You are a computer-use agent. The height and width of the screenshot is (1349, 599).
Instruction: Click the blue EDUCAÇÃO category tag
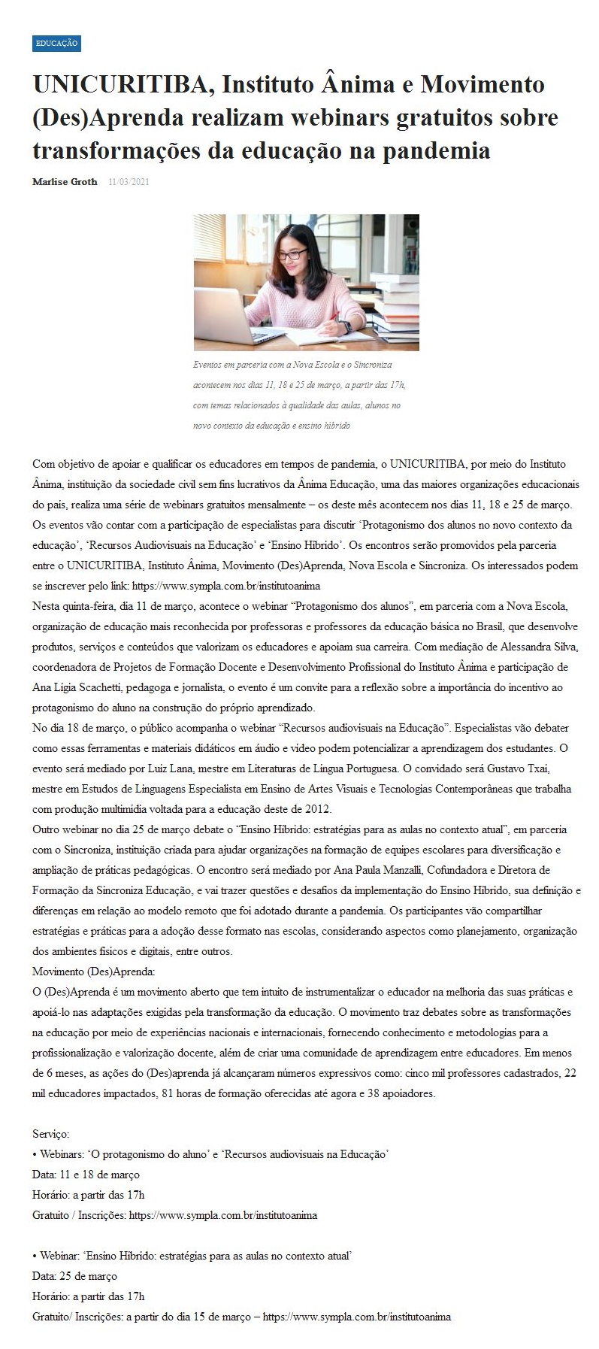(56, 44)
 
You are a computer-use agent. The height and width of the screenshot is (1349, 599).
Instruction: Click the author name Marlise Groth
(65, 182)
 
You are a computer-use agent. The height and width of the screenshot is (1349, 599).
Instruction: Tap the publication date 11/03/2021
(129, 182)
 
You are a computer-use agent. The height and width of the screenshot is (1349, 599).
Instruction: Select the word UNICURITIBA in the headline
(119, 84)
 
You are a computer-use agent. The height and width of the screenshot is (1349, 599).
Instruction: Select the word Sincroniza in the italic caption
(373, 365)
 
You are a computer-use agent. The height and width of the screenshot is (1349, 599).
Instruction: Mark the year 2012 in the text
(318, 809)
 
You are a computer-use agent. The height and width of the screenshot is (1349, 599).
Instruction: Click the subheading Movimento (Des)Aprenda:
(93, 972)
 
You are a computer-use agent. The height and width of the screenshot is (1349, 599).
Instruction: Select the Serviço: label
(50, 1134)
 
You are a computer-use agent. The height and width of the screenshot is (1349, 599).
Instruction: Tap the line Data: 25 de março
(74, 1276)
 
